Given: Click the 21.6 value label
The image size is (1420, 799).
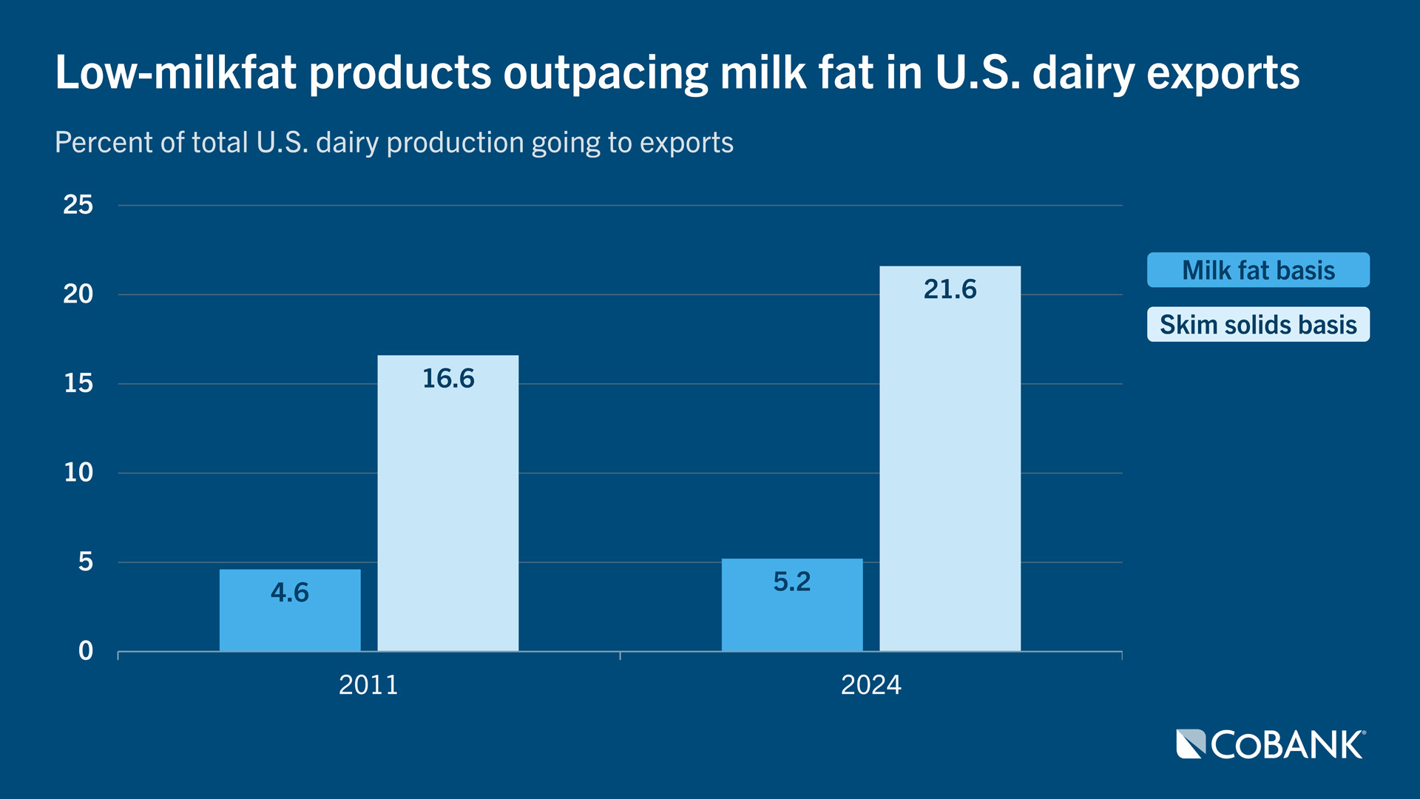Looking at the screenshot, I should coord(950,289).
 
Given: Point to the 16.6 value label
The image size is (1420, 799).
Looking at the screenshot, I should coord(447,379).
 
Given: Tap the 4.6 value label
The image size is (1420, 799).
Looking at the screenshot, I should coord(289,593).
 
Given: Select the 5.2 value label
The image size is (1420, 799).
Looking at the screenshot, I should coord(791,581).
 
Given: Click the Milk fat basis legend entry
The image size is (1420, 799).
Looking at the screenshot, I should coord(1257,270).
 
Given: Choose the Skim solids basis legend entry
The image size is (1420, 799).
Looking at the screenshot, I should coord(1257,325).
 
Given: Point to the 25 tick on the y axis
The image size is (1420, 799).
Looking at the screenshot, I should coord(78,205).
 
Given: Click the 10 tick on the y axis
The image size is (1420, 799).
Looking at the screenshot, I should coord(78,473).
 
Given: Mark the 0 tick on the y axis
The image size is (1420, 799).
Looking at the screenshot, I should coord(86,651).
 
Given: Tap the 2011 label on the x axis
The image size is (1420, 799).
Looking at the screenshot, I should coord(368,685).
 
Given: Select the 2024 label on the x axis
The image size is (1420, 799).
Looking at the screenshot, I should coord(870,685).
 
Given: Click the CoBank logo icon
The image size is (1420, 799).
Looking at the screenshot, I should coord(1191,744).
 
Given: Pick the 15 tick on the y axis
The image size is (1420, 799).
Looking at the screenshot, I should coord(78,383).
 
